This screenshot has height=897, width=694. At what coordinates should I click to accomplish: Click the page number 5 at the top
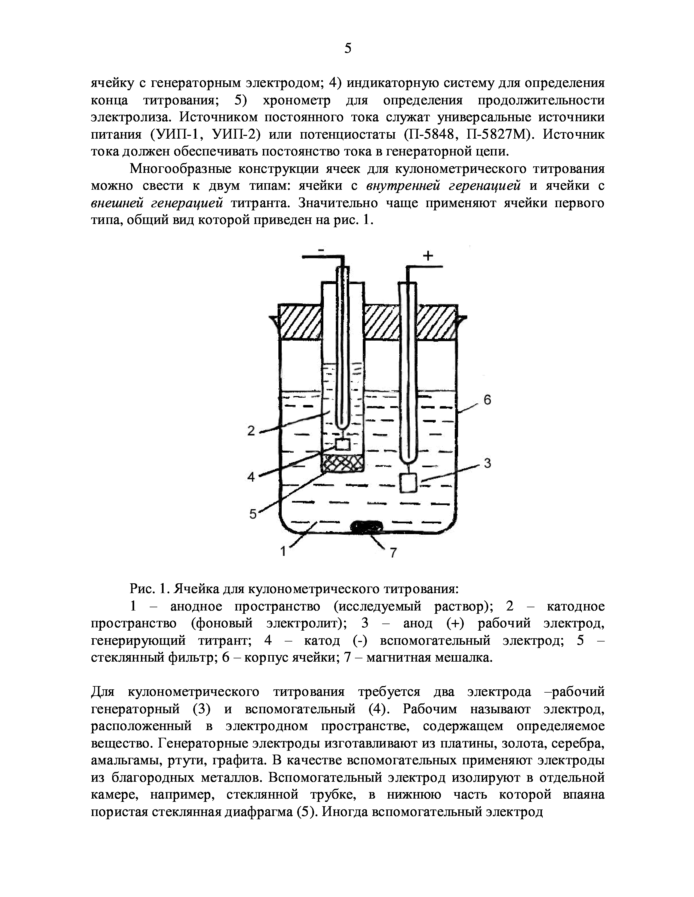(348, 48)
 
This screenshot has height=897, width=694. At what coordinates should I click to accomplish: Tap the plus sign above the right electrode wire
(428, 256)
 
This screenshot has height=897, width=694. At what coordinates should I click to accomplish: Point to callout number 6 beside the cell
(487, 400)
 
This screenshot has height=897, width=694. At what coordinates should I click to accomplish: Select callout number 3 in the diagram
(487, 463)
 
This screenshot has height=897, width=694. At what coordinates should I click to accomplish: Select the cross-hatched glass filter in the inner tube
(342, 463)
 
